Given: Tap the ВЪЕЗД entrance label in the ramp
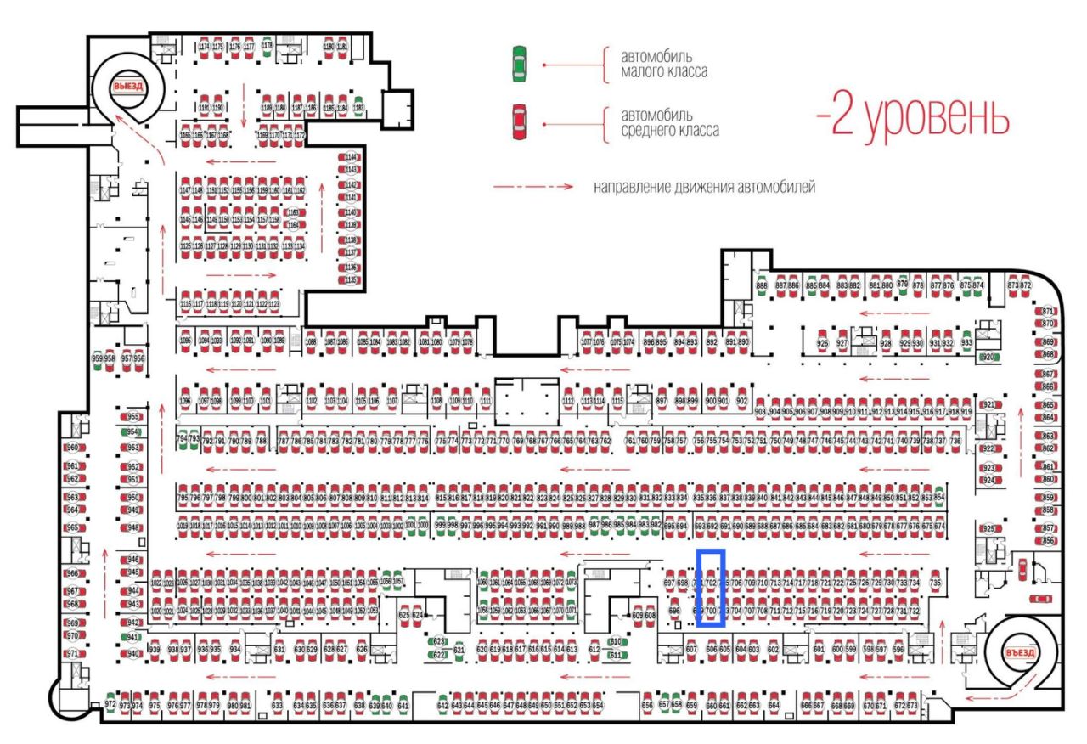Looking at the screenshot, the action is pos(1018,653).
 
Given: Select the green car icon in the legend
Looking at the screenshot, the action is pos(518,65).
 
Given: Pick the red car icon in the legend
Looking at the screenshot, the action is pos(518,122).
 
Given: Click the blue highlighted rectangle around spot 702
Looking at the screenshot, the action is pos(711,588).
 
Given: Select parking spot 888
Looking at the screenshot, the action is pos(762,286).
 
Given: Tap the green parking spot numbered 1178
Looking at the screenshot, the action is pos(267,47).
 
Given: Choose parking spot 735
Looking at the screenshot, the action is pos(936,583).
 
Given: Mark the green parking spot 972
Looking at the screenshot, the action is pos(110,704).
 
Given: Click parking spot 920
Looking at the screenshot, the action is pos(987,358).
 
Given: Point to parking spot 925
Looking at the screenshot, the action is pos(988,529).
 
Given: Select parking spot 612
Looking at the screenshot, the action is pos(594,650).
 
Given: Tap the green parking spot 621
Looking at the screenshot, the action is pos(459,650).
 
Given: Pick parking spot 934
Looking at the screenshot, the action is pos(235,650).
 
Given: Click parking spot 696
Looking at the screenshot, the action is pos(675,611).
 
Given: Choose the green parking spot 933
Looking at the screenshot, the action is pos(966,342).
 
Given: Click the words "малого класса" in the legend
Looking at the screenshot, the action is pos(664,72).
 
